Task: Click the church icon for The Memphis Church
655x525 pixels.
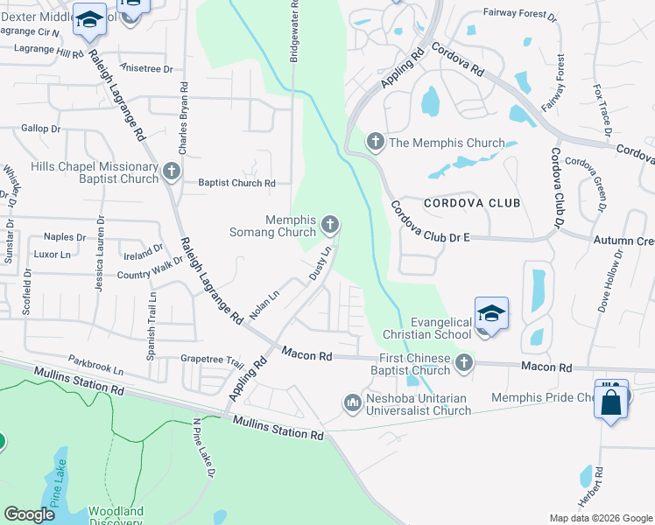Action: pyautogui.click(x=376, y=142)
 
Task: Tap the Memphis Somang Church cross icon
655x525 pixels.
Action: pyautogui.click(x=330, y=225)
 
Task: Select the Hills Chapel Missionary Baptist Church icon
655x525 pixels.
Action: pyautogui.click(x=171, y=172)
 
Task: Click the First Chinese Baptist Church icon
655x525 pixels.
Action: pyautogui.click(x=464, y=362)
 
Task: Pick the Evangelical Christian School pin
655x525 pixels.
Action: pyautogui.click(x=491, y=314)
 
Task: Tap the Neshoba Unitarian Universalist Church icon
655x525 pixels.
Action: pyautogui.click(x=353, y=402)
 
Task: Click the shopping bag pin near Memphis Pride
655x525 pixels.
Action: pyautogui.click(x=611, y=401)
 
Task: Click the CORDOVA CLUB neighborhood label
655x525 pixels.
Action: pyautogui.click(x=472, y=203)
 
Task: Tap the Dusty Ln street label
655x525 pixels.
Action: pyautogui.click(x=320, y=262)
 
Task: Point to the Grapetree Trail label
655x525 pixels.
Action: pyautogui.click(x=211, y=360)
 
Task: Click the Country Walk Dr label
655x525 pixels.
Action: pyautogui.click(x=151, y=274)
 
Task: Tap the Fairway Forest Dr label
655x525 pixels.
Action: pyautogui.click(x=519, y=15)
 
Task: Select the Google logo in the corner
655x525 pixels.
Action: pyautogui.click(x=29, y=514)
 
